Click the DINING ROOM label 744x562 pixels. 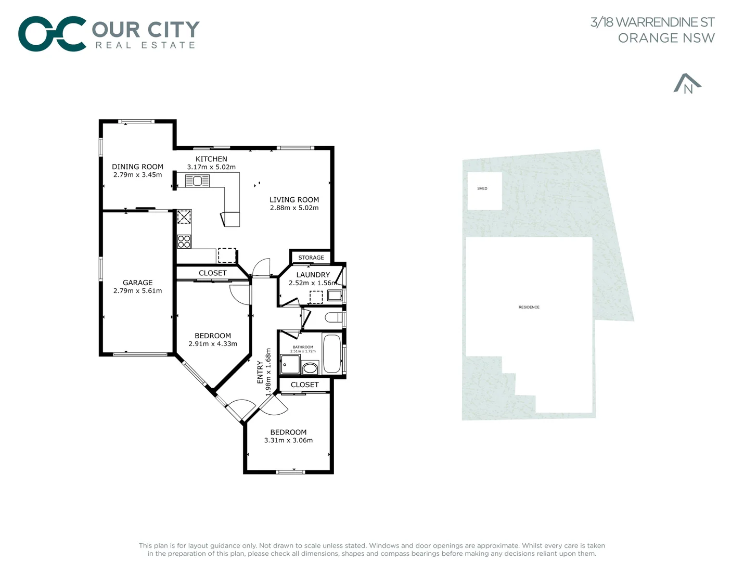pos(137,167)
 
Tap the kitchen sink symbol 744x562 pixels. pos(197,181)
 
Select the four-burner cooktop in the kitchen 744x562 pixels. pos(184,241)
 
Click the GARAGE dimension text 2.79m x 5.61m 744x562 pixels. pos(137,291)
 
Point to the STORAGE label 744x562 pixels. pos(311,258)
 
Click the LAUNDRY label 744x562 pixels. pos(313,275)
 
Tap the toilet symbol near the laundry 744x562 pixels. pos(333,317)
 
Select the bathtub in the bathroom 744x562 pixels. pos(332,354)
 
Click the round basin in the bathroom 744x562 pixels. pos(310,368)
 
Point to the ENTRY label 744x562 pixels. pos(260,372)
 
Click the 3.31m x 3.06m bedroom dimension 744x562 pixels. pos(288,440)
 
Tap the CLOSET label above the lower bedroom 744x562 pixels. pos(304,385)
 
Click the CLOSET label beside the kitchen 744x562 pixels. pos(212,273)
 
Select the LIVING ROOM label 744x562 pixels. pos(294,199)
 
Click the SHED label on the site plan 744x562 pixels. pos(482,188)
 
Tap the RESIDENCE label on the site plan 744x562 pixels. pos(529,307)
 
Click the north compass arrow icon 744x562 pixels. pos(687,84)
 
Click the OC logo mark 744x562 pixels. pos(52,34)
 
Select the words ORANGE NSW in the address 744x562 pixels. pos(666,38)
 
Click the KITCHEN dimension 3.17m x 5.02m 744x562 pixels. pos(211,167)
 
